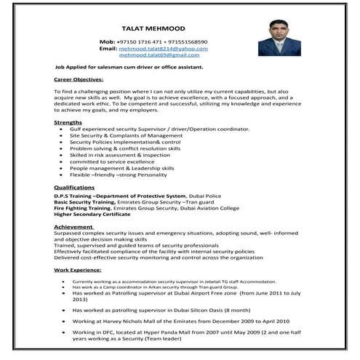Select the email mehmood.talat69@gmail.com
(159, 55)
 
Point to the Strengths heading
(68, 123)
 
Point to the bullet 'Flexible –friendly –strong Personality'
(119, 175)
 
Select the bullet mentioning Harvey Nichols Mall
(180, 321)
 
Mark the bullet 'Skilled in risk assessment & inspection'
(119, 154)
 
